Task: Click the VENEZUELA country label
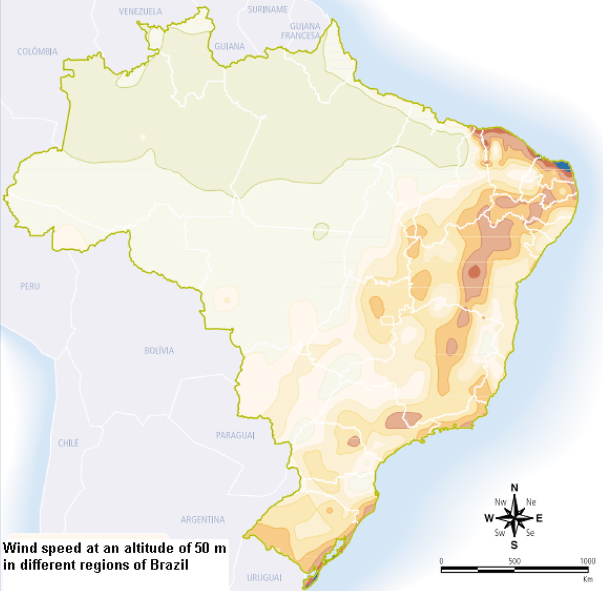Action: (140, 11)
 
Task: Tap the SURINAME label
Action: (268, 9)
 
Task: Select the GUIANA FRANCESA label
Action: (301, 31)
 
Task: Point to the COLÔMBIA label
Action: (37, 52)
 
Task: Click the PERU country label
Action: (29, 286)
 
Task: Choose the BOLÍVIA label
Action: (159, 350)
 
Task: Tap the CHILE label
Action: (69, 442)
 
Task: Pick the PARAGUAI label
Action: (235, 435)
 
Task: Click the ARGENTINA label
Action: (203, 519)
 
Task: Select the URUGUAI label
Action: (264, 577)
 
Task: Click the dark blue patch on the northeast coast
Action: (562, 166)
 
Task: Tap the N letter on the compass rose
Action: (514, 488)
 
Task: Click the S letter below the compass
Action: (514, 544)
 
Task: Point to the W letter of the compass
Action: (489, 517)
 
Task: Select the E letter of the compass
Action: (539, 517)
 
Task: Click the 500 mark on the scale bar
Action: (514, 560)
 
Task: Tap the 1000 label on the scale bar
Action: (587, 560)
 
